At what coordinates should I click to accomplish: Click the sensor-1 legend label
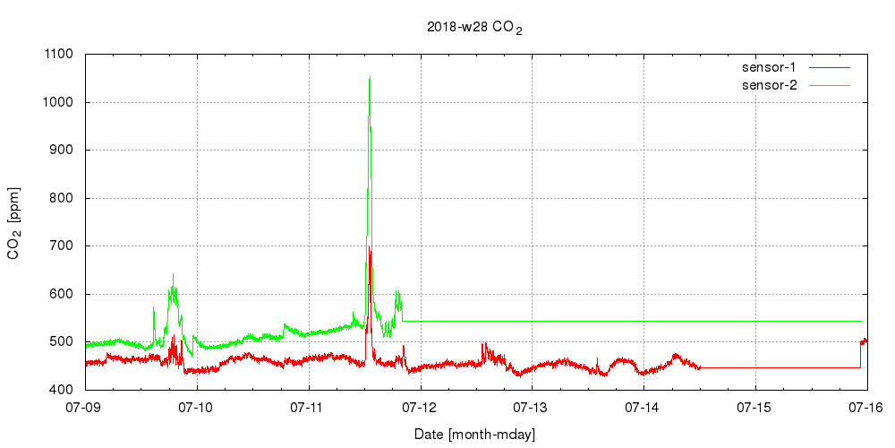point(775,67)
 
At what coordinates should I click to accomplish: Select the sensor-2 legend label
point(775,85)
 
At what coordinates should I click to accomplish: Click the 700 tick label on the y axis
point(64,246)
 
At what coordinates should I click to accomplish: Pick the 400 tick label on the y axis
point(64,390)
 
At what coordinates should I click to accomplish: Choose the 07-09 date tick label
point(85,407)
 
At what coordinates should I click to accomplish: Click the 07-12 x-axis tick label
point(421,407)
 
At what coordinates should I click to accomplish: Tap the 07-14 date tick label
point(644,407)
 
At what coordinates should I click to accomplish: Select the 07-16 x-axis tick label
point(867,407)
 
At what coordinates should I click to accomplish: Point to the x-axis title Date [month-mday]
point(474,434)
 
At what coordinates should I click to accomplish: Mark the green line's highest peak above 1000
point(370,78)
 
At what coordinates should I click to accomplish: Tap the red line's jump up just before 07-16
point(861,354)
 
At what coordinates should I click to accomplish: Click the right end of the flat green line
point(861,321)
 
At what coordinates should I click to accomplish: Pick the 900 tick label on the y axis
point(64,150)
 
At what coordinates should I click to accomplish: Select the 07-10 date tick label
point(197,407)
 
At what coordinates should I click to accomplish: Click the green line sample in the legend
point(829,85)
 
